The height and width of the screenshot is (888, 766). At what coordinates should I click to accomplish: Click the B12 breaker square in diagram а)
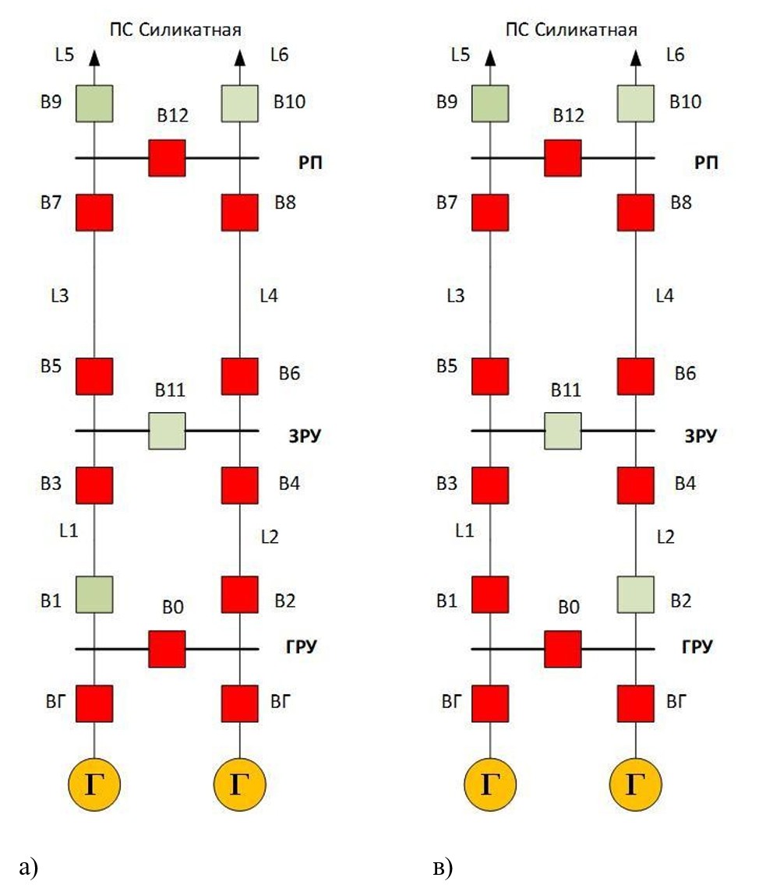tap(167, 158)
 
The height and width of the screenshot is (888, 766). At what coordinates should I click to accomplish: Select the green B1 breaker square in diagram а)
tap(94, 594)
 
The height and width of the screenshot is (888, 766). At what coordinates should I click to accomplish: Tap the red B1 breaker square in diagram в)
tap(490, 594)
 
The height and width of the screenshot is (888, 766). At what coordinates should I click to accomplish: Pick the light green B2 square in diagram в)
tap(636, 594)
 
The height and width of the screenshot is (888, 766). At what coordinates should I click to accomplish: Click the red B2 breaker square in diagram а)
tap(240, 594)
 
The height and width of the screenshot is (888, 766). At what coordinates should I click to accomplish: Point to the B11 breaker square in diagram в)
tap(563, 431)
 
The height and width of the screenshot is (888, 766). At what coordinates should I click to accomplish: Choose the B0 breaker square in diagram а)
tap(167, 649)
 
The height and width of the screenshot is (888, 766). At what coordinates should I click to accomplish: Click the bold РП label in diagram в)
tap(706, 164)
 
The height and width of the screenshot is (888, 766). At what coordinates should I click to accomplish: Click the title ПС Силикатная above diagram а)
tap(174, 30)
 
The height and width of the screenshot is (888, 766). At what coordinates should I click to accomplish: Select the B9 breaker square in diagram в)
tap(490, 104)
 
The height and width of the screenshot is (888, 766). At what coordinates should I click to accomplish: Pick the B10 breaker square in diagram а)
tap(240, 104)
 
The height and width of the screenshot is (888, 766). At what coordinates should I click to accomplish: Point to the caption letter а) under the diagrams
tap(27, 866)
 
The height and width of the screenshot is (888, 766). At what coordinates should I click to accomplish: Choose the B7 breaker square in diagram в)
tap(490, 213)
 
